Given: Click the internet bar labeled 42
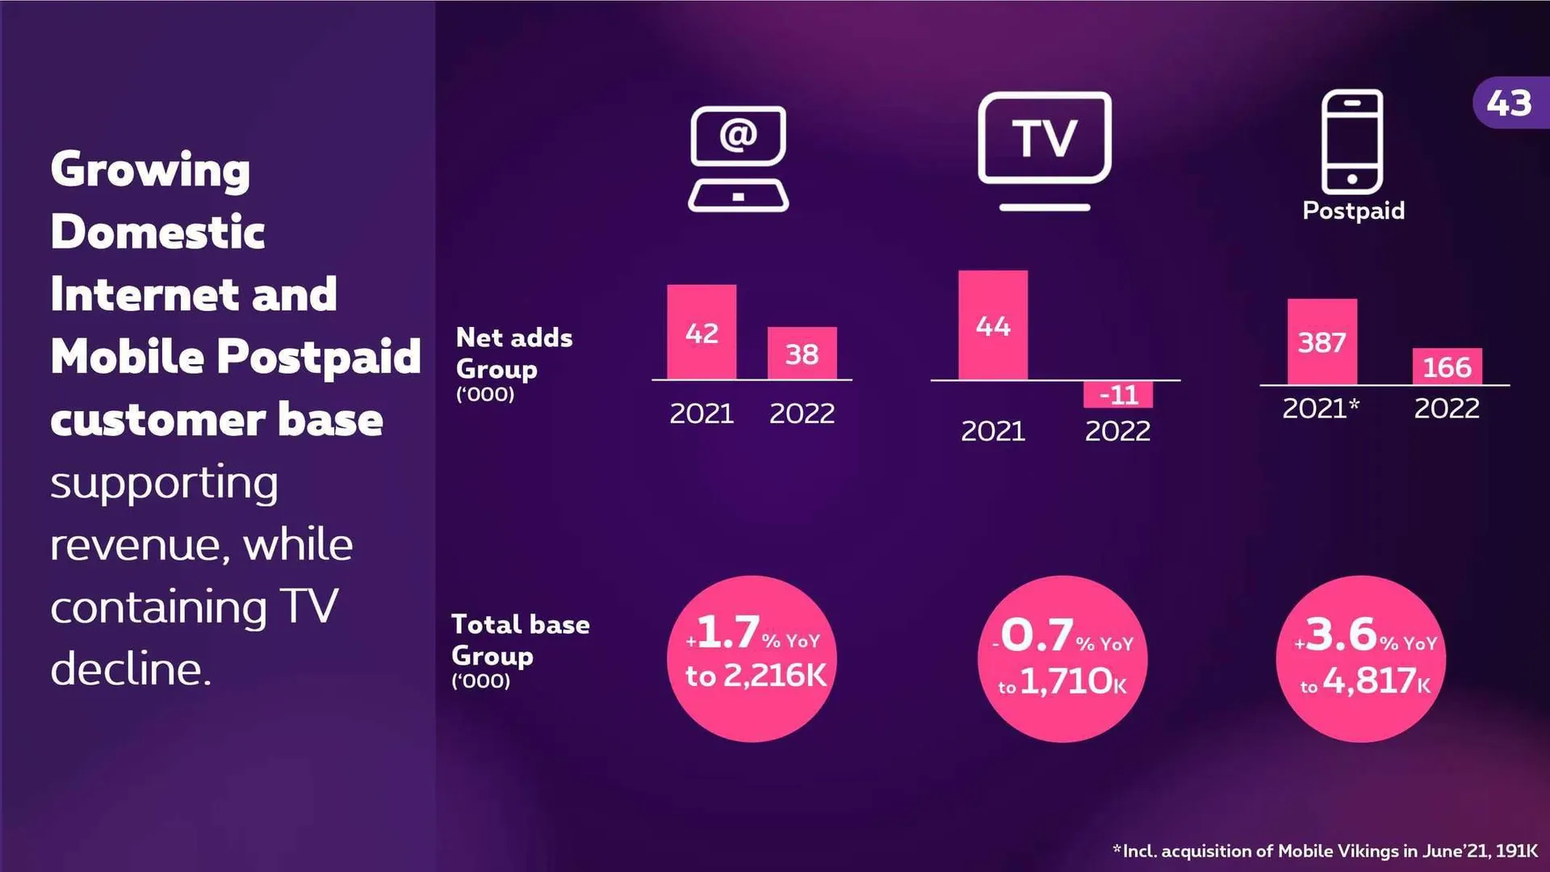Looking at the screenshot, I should pos(701,332).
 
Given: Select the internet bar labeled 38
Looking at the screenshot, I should pos(802,353).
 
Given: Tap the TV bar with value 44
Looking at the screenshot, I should pos(992,325).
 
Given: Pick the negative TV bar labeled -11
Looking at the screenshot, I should pos(1118,394).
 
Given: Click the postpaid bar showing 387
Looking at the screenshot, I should pos(1322,342).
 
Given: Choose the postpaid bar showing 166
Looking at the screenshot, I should pos(1446,367).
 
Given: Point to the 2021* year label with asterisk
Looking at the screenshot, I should pos(1321,409).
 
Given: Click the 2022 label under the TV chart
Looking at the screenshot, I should pos(1117,431).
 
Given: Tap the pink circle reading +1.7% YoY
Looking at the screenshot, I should pos(752,658).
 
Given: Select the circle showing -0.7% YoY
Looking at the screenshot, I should pos(1062,658).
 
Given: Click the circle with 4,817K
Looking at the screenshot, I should pos(1360,658).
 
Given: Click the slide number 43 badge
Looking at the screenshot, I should pos(1510,103).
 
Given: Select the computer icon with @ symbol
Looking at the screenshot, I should pos(738,158).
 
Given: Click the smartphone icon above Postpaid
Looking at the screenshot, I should pos(1351,141).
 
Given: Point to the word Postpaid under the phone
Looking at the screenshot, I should pos(1353,211).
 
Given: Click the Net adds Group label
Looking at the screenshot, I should pos(513,354).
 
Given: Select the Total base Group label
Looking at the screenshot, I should pos(520,640).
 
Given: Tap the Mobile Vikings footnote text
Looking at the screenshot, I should pos(1325,851).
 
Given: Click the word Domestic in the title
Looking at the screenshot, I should pos(157,232).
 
